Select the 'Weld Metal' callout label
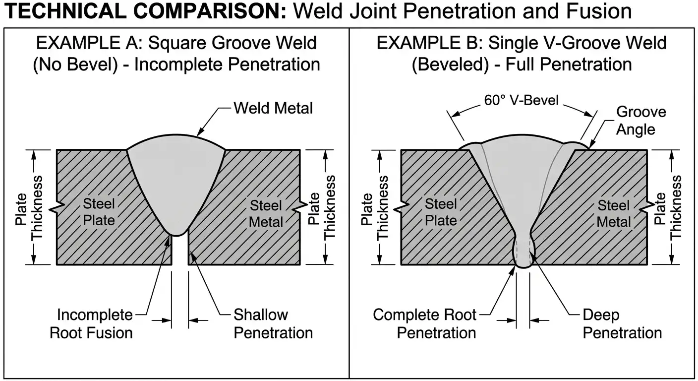coord(273,108)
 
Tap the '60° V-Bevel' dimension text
coord(521,101)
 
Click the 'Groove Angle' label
coord(640,121)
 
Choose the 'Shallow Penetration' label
coord(273,323)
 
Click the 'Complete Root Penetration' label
coord(424,323)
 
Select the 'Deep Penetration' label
coord(622,323)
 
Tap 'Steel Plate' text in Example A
coord(99,212)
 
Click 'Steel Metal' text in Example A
coord(266,213)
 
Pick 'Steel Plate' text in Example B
coord(441,212)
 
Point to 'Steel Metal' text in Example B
coord(614,213)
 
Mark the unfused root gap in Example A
coord(180,251)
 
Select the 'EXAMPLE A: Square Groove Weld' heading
coord(176,44)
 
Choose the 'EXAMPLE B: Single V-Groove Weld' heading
coord(522,44)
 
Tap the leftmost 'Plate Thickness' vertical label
coord(29,207)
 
